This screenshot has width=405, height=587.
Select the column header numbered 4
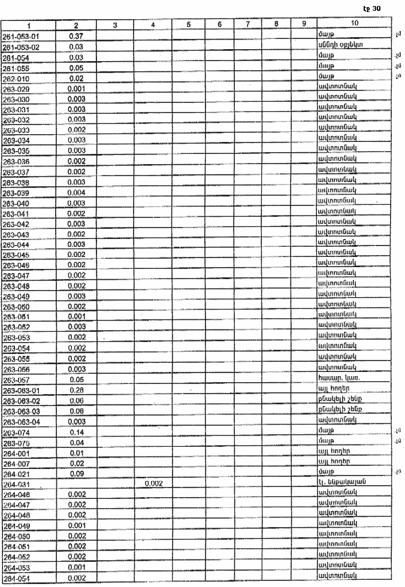point(153,25)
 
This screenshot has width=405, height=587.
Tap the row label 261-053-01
point(21,36)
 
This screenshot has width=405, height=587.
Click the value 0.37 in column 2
point(75,36)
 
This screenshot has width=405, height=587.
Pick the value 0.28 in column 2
point(75,391)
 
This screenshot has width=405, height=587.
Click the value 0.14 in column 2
point(75,432)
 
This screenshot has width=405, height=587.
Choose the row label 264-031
point(16,484)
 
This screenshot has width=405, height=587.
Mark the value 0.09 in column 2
point(75,473)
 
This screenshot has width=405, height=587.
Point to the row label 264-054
point(16,577)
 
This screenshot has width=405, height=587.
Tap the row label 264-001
point(16,453)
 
